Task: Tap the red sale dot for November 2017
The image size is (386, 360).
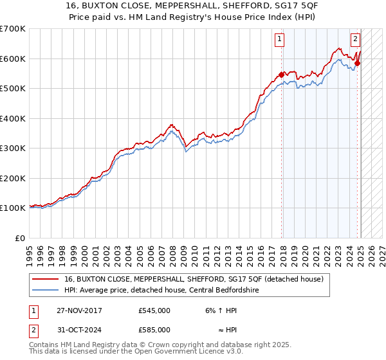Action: [x=282, y=75]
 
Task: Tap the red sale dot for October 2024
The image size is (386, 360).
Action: [x=358, y=62]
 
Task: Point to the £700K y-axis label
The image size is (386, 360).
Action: [x=13, y=29]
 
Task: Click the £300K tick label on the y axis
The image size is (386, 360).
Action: [x=13, y=148]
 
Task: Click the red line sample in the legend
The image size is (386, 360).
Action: [x=44, y=278]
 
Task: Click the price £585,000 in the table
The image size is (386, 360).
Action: [x=154, y=330]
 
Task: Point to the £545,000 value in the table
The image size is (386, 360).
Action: [x=154, y=310]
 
